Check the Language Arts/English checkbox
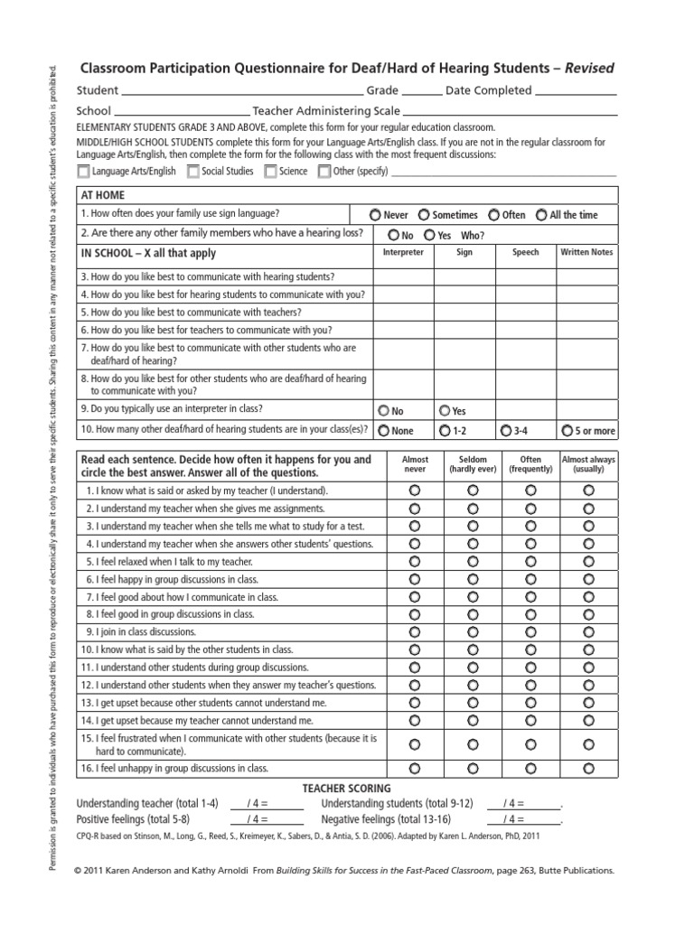point(84,171)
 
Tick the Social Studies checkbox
point(192,171)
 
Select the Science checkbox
point(270,171)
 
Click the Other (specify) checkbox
point(324,171)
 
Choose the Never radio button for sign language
point(375,215)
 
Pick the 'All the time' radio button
point(541,215)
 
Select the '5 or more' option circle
point(567,431)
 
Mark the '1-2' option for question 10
point(444,431)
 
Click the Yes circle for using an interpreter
point(444,410)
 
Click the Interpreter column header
point(403,253)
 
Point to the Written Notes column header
point(587,253)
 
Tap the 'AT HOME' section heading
point(103,195)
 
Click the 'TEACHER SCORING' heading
point(347,788)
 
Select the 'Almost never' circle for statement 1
point(415,490)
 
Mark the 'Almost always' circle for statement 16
point(589,769)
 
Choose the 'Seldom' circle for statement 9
point(473,631)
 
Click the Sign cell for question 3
point(465,276)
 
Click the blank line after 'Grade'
point(420,91)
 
